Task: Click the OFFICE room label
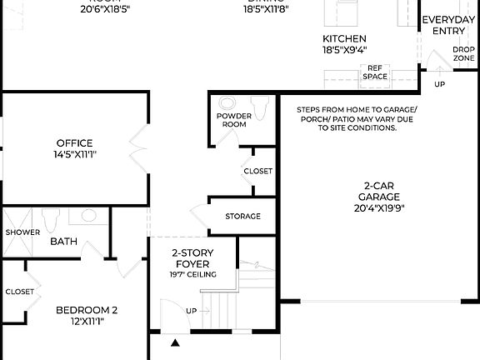tap(74, 142)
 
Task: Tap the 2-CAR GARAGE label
tap(356, 191)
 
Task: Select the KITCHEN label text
tap(344, 38)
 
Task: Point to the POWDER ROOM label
tap(234, 120)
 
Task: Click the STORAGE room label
tap(242, 217)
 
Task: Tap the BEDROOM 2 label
tap(87, 311)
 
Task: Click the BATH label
tap(63, 242)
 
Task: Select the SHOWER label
tap(22, 232)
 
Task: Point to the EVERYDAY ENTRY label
tap(448, 25)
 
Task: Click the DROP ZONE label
tap(464, 53)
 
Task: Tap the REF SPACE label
tap(375, 72)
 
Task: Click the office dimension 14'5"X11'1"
tap(74, 154)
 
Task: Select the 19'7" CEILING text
tap(193, 274)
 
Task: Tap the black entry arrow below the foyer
tap(176, 342)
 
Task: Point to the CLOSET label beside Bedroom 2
tap(20, 292)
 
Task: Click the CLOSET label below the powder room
tap(257, 171)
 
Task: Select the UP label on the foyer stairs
tap(192, 311)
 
